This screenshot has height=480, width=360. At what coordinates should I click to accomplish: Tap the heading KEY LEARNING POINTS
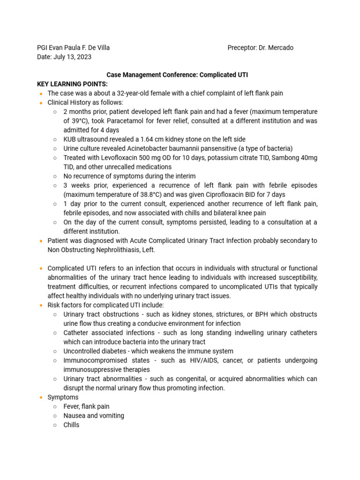(x=72, y=84)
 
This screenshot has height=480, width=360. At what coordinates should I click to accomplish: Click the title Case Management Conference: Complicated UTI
(x=177, y=75)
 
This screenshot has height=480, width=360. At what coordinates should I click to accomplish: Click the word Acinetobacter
(x=135, y=149)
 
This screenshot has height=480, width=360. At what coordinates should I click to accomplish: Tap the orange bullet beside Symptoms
(x=41, y=397)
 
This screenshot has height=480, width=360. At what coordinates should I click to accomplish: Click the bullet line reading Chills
(x=71, y=425)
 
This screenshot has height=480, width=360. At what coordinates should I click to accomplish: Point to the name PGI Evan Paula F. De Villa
(x=73, y=48)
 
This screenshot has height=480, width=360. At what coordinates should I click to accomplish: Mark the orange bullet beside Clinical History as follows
(x=41, y=103)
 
